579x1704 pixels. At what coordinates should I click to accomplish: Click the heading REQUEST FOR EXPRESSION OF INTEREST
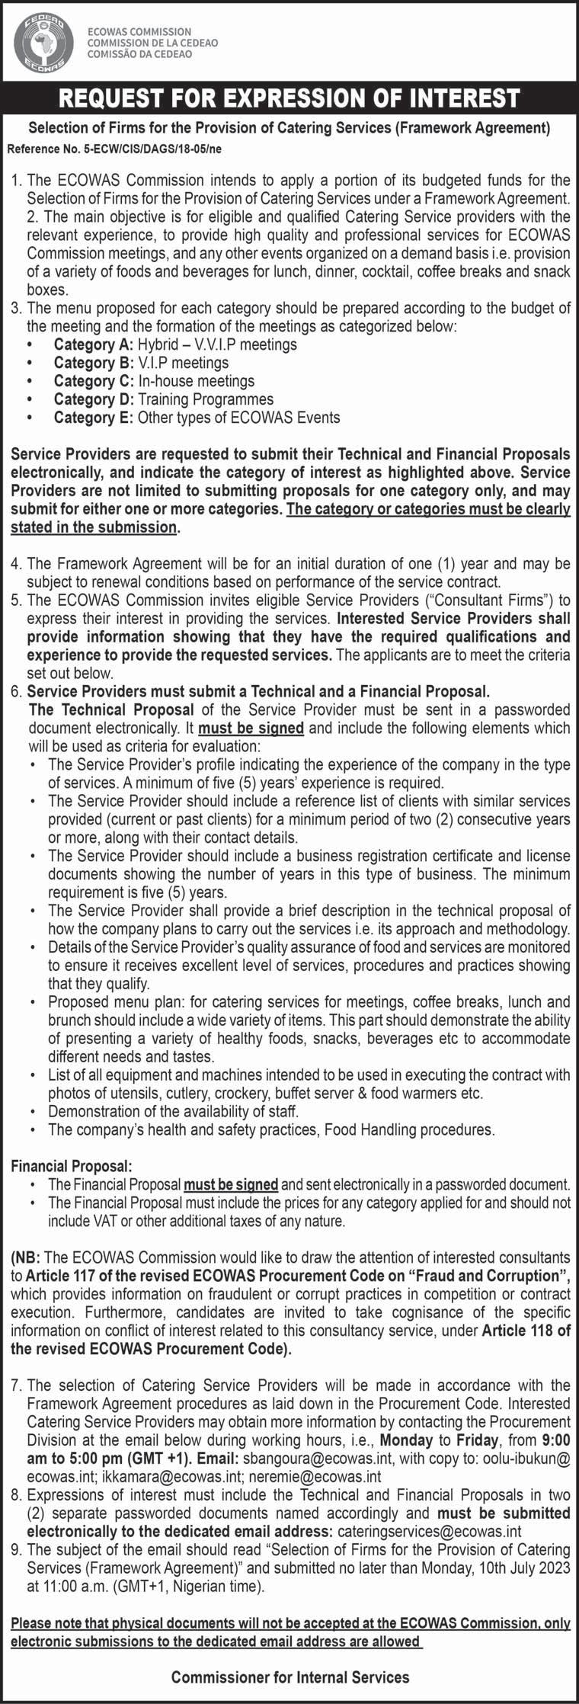coord(289,98)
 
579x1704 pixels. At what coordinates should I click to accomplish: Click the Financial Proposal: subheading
coord(72,1167)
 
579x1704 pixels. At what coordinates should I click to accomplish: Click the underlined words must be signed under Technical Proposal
coord(251,728)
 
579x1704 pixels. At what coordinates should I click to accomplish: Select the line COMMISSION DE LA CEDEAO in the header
coord(152,43)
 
